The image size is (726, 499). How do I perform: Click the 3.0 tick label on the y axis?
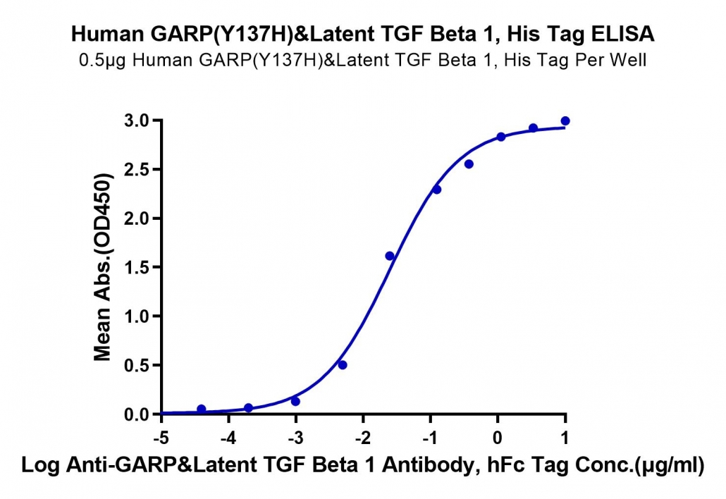(x=137, y=121)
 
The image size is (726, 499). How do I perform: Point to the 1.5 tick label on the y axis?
(x=137, y=267)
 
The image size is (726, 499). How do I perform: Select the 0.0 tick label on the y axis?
(x=137, y=414)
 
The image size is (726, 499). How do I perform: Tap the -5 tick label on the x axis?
(x=161, y=438)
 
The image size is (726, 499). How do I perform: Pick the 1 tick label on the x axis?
(x=565, y=438)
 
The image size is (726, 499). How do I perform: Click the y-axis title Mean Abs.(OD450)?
(x=103, y=267)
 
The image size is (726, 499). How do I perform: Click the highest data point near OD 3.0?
(x=565, y=121)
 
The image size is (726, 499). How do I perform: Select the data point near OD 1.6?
(x=390, y=256)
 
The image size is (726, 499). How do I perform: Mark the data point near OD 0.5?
(x=343, y=365)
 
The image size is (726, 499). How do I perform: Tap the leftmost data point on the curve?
(x=202, y=409)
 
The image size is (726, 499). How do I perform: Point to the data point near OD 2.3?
(x=436, y=190)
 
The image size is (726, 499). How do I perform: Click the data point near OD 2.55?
(x=469, y=164)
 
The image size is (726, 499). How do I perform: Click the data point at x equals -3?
(x=295, y=401)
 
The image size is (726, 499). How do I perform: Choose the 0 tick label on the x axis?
(x=497, y=438)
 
